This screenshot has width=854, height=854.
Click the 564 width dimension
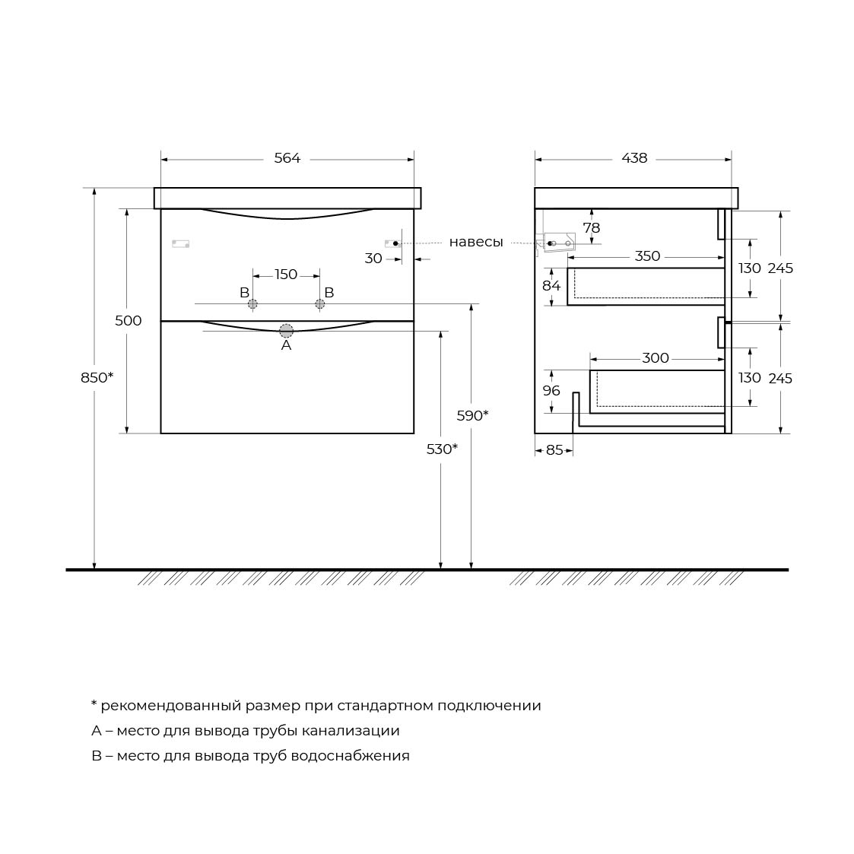tap(287, 158)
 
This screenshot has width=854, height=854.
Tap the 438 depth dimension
tap(634, 158)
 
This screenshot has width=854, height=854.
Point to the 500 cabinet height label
tap(129, 321)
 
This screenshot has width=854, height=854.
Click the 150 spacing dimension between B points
tap(286, 275)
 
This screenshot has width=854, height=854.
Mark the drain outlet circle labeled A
tap(286, 330)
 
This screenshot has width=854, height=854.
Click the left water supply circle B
tap(252, 304)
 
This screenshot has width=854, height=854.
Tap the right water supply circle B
tap(319, 304)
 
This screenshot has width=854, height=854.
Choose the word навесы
tap(476, 242)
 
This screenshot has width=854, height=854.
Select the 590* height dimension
tap(472, 415)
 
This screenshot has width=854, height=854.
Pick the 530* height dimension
tap(442, 449)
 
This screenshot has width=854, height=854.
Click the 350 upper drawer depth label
tap(647, 256)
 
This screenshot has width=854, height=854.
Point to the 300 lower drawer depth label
tap(656, 358)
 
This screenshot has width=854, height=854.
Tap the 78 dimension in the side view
tap(591, 227)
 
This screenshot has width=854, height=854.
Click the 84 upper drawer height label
tap(551, 286)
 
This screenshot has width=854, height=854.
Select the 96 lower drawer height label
tap(551, 391)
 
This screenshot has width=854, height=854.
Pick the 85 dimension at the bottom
tap(554, 450)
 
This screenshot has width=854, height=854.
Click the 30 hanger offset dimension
tap(373, 259)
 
